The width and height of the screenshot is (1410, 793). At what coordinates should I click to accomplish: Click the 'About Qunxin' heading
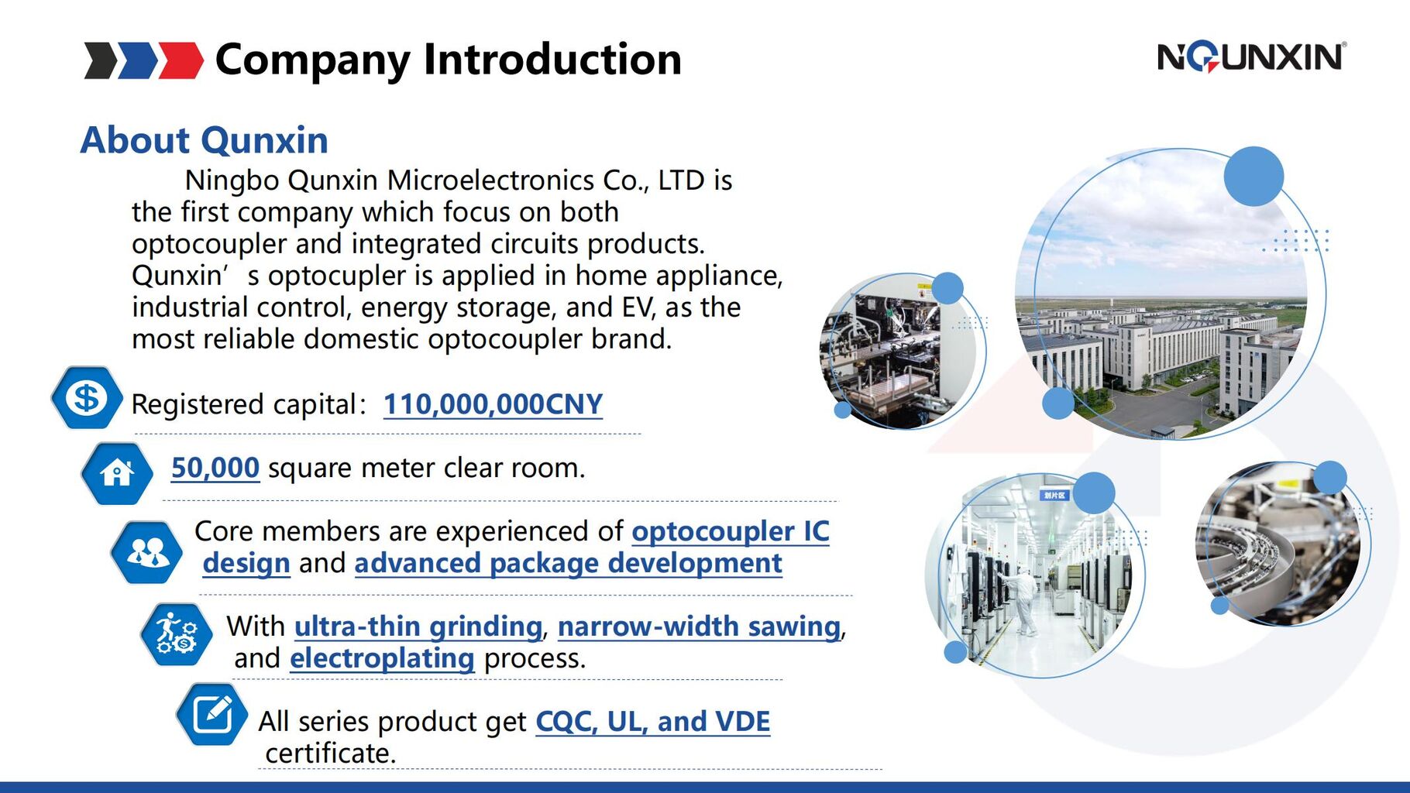point(205,140)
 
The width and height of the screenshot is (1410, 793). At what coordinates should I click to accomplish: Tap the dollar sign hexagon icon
point(87,398)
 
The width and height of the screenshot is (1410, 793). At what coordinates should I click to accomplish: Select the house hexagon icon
point(117,472)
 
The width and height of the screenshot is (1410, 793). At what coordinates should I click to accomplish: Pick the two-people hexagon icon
point(147,552)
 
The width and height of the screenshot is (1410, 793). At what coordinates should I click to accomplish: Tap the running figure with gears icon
point(177,634)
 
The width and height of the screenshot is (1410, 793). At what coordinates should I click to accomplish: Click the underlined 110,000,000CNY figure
point(493,404)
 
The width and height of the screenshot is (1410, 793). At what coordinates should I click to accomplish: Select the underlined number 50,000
point(215,468)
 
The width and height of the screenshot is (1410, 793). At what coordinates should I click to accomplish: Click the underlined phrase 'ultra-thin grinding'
point(418,627)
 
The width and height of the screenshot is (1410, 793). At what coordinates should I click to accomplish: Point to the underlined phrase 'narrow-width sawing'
point(699,627)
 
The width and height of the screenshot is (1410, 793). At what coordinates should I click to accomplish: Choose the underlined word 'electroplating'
point(382,658)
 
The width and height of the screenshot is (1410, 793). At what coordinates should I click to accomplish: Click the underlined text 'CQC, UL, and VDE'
point(653,722)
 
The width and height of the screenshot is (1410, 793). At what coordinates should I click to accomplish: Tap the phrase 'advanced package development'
point(568,563)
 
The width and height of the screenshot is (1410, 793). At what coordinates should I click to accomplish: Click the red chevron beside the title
point(181,60)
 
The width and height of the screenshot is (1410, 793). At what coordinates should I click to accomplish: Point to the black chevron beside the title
point(101,60)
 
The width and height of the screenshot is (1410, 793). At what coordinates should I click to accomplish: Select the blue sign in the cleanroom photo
point(1055,495)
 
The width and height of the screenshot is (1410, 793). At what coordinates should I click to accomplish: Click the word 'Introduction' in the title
point(552,60)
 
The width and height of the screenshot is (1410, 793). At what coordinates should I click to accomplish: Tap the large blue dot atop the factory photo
point(1254,177)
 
